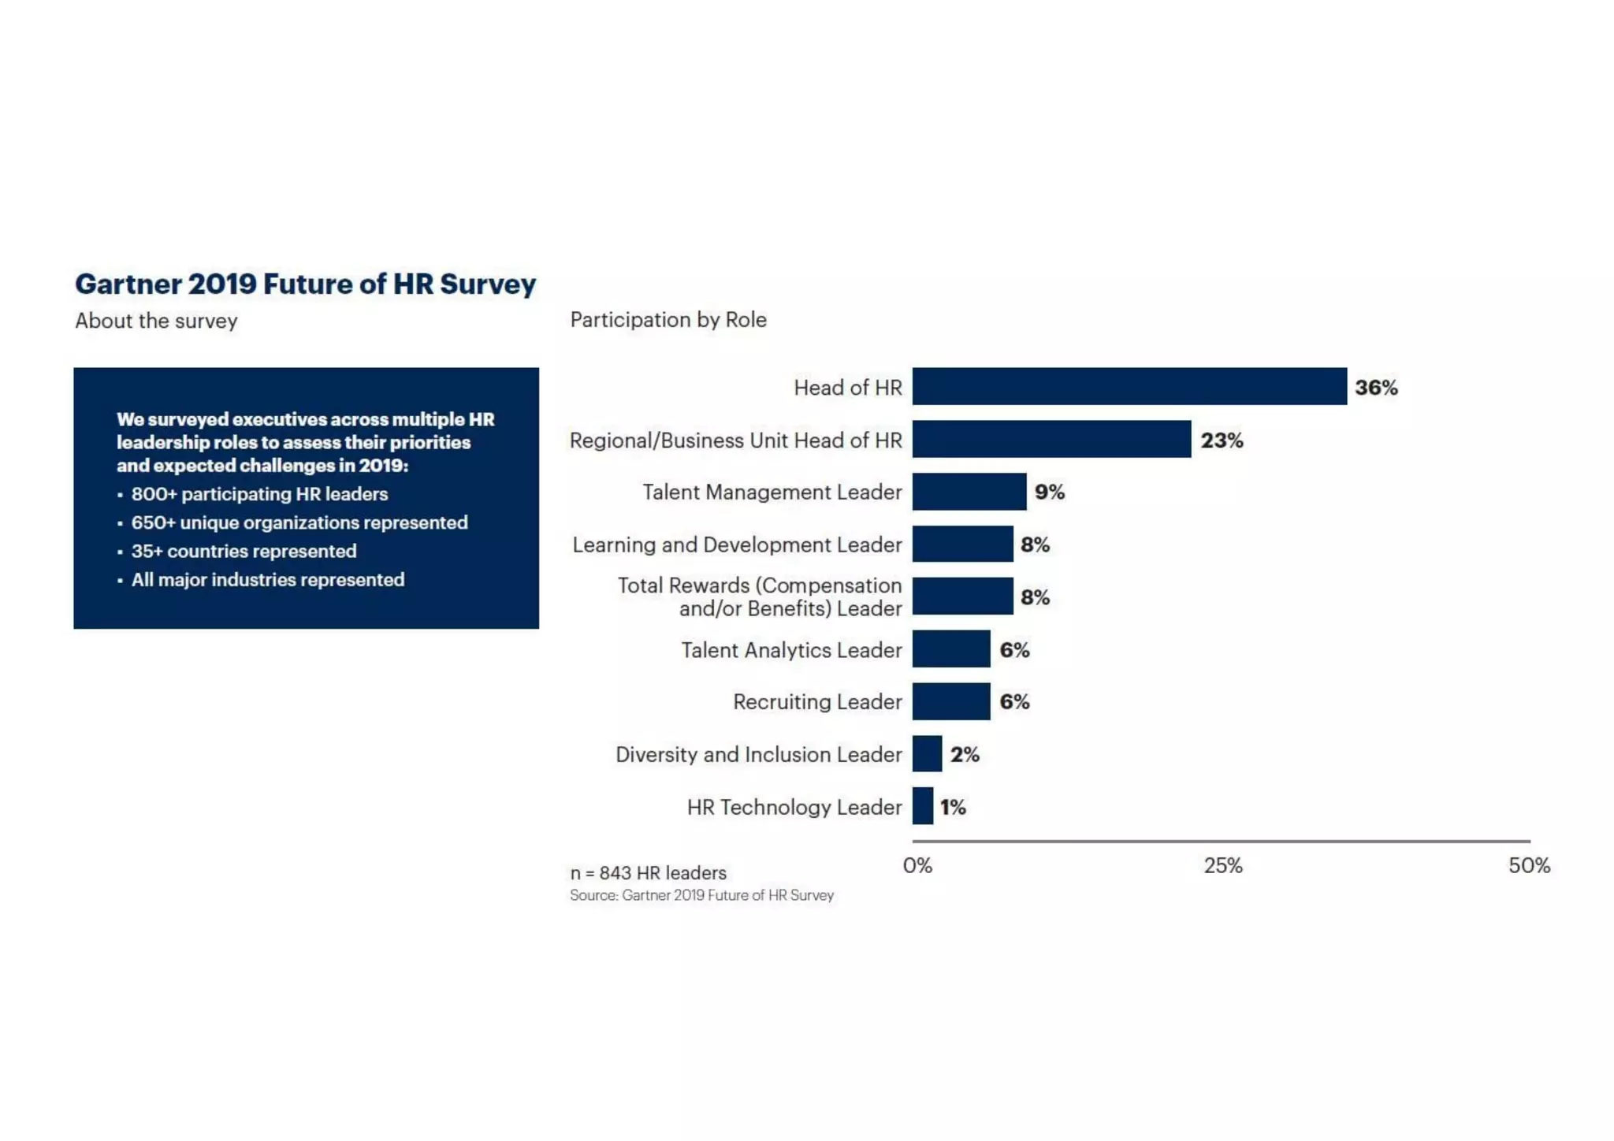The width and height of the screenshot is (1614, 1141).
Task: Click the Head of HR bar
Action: coord(1129,386)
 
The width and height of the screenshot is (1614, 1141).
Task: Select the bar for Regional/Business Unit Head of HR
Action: coord(1051,439)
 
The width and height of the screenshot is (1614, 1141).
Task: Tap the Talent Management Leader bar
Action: coord(969,492)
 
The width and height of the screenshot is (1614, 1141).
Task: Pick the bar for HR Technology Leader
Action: coord(923,806)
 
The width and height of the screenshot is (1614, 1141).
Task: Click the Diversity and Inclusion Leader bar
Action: coord(927,754)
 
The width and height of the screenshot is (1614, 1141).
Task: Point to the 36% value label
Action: coord(1376,388)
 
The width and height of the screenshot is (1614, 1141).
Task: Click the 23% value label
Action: coord(1222,440)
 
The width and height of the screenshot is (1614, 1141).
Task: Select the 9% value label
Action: coord(1049,492)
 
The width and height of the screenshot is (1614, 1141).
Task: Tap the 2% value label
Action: coord(964,755)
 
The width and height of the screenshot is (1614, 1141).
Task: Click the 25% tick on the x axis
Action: coord(1222,866)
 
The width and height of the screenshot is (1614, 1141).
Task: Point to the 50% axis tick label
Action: coord(1529,866)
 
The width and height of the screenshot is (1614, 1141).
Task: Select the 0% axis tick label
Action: coord(917,866)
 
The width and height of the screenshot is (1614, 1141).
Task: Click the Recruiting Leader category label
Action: coord(817,702)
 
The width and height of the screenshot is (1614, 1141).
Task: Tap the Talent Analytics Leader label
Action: coord(791,650)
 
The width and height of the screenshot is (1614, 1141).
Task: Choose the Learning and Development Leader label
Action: coord(737,544)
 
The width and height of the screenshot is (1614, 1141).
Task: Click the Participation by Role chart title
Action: coord(668,320)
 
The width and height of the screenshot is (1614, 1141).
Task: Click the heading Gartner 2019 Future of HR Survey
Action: coord(305,284)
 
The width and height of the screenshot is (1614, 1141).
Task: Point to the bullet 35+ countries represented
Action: coord(244,551)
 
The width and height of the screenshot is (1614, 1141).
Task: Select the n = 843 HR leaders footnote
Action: coord(648,873)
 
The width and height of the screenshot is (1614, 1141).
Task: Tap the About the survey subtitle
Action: coord(156,321)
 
